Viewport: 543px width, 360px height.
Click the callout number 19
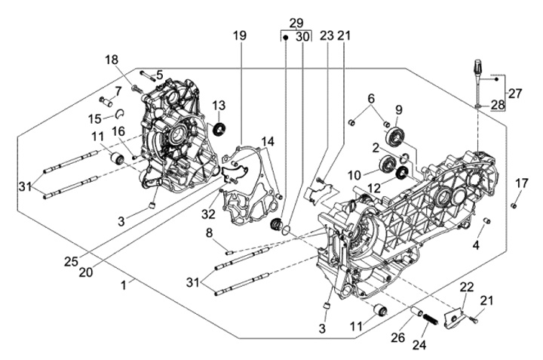pyautogui.click(x=239, y=36)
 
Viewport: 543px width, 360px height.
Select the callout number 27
pyautogui.click(x=514, y=94)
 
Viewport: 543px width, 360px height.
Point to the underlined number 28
pyautogui.click(x=497, y=105)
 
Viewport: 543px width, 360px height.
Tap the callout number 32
pyautogui.click(x=209, y=215)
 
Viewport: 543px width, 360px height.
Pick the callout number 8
pyautogui.click(x=210, y=233)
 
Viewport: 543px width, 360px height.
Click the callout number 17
pyautogui.click(x=521, y=183)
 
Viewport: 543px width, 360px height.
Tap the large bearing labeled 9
pyautogui.click(x=394, y=137)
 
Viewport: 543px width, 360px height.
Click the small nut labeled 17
pyautogui.click(x=513, y=205)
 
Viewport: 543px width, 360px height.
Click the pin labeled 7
pyautogui.click(x=104, y=100)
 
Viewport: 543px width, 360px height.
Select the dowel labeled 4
pyautogui.click(x=486, y=221)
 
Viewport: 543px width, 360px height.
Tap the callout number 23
pyautogui.click(x=326, y=36)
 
